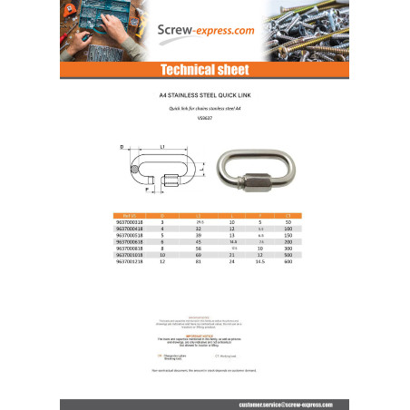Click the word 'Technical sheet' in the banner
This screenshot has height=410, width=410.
204,70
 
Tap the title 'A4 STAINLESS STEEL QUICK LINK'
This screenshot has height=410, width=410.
204,93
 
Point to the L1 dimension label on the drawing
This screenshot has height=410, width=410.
161,146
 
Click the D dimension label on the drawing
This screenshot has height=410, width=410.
122,146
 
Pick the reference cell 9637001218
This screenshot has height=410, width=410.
108,262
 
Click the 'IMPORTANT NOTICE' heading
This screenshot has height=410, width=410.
204,335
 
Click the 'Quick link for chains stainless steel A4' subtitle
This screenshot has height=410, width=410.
204,107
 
